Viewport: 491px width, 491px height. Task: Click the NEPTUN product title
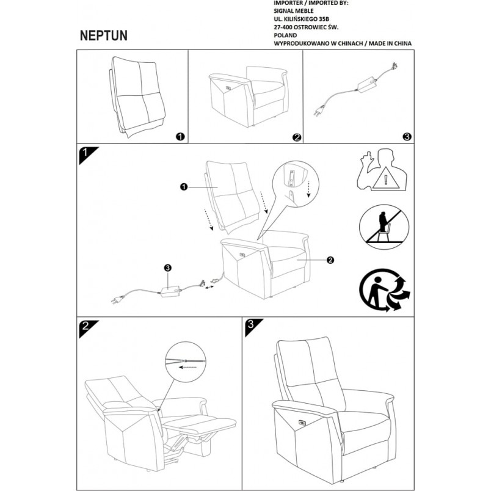click(104, 35)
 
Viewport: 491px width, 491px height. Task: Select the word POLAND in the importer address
click(285, 35)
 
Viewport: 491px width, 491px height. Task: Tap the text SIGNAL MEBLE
click(293, 11)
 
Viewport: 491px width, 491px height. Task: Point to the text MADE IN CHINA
click(390, 43)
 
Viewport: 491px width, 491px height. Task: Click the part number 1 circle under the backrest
click(180, 137)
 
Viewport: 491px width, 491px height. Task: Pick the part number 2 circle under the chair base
click(297, 137)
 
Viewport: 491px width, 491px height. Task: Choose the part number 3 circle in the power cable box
click(407, 137)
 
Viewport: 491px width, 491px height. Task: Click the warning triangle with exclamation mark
click(386, 178)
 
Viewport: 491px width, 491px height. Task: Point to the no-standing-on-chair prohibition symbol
click(384, 227)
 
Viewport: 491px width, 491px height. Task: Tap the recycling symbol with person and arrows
click(385, 290)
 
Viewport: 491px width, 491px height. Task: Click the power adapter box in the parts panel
click(366, 84)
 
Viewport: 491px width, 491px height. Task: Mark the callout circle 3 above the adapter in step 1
click(168, 267)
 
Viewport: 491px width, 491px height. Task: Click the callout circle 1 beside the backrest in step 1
click(184, 187)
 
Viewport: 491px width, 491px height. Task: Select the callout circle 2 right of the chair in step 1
click(330, 260)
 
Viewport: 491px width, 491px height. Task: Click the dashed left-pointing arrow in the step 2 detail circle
click(188, 367)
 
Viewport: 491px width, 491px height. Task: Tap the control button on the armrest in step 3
click(303, 423)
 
